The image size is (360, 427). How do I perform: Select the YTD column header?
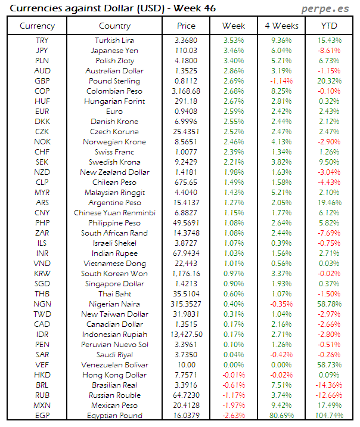click(x=328, y=26)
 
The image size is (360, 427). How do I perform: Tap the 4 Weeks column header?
click(x=281, y=26)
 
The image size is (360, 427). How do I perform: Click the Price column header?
click(x=186, y=26)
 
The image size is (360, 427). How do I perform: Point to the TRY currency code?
click(x=42, y=40)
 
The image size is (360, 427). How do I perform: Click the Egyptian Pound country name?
click(x=114, y=415)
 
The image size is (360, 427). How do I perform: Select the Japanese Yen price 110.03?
click(x=186, y=51)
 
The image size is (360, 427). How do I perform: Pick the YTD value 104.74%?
click(x=328, y=415)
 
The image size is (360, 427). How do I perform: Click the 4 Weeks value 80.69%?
click(x=281, y=415)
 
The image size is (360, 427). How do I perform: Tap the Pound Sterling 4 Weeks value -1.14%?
click(x=281, y=81)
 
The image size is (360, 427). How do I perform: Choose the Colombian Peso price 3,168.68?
click(x=186, y=91)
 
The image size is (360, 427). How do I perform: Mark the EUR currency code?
click(x=42, y=112)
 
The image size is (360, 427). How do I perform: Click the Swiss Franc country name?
click(x=114, y=152)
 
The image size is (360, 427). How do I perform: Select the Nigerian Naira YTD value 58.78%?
click(x=328, y=304)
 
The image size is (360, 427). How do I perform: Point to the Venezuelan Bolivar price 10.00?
click(x=186, y=364)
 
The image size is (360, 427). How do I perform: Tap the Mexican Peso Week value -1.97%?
click(x=233, y=405)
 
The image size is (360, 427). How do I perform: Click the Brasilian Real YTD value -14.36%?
click(x=328, y=385)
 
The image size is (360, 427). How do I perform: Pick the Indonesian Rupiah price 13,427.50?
click(x=186, y=334)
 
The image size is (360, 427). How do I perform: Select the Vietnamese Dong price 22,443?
click(x=186, y=263)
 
